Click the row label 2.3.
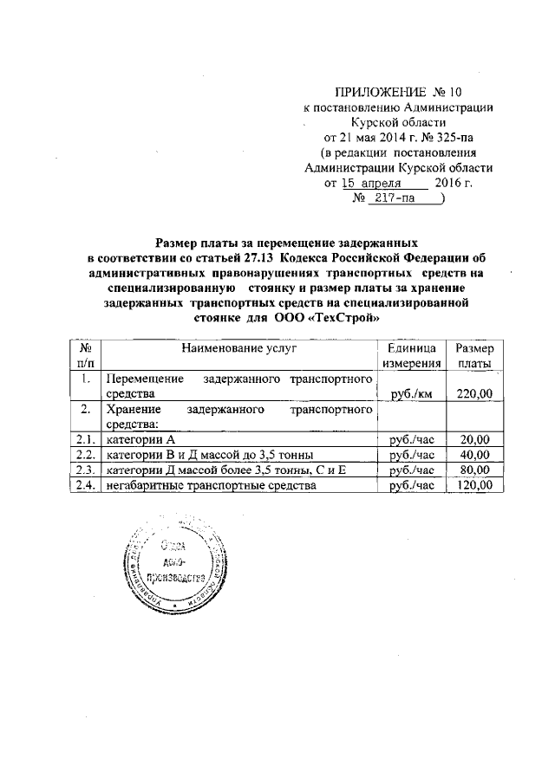85,470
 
